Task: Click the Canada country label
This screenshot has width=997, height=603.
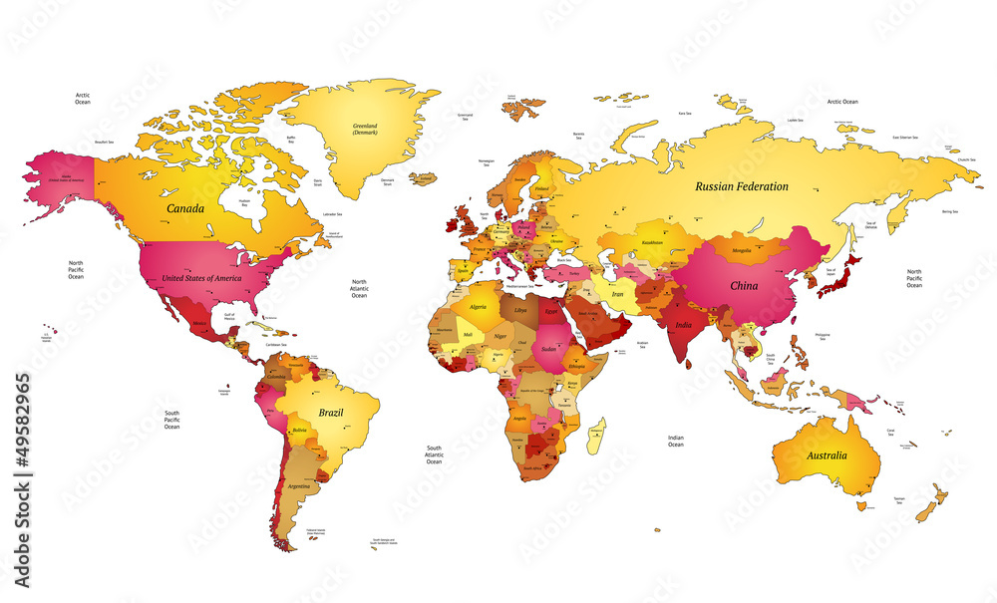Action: (x=185, y=209)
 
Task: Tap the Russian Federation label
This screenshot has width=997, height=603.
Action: (x=742, y=186)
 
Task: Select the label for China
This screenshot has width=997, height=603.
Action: (x=744, y=285)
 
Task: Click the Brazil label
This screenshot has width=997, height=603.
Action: (x=331, y=412)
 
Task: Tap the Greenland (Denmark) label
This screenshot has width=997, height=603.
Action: (x=365, y=129)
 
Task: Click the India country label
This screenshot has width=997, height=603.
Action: (x=683, y=325)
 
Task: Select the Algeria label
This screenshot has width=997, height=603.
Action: (x=479, y=307)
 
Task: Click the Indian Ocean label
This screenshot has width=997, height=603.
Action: (x=676, y=441)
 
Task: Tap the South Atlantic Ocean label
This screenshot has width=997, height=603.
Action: (x=434, y=455)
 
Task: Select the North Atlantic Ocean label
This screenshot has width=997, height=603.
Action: (x=359, y=289)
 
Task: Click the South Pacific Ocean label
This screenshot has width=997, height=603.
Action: (x=171, y=420)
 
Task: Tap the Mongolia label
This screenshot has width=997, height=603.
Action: (x=741, y=250)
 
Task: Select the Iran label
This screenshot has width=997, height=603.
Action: (x=617, y=295)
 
